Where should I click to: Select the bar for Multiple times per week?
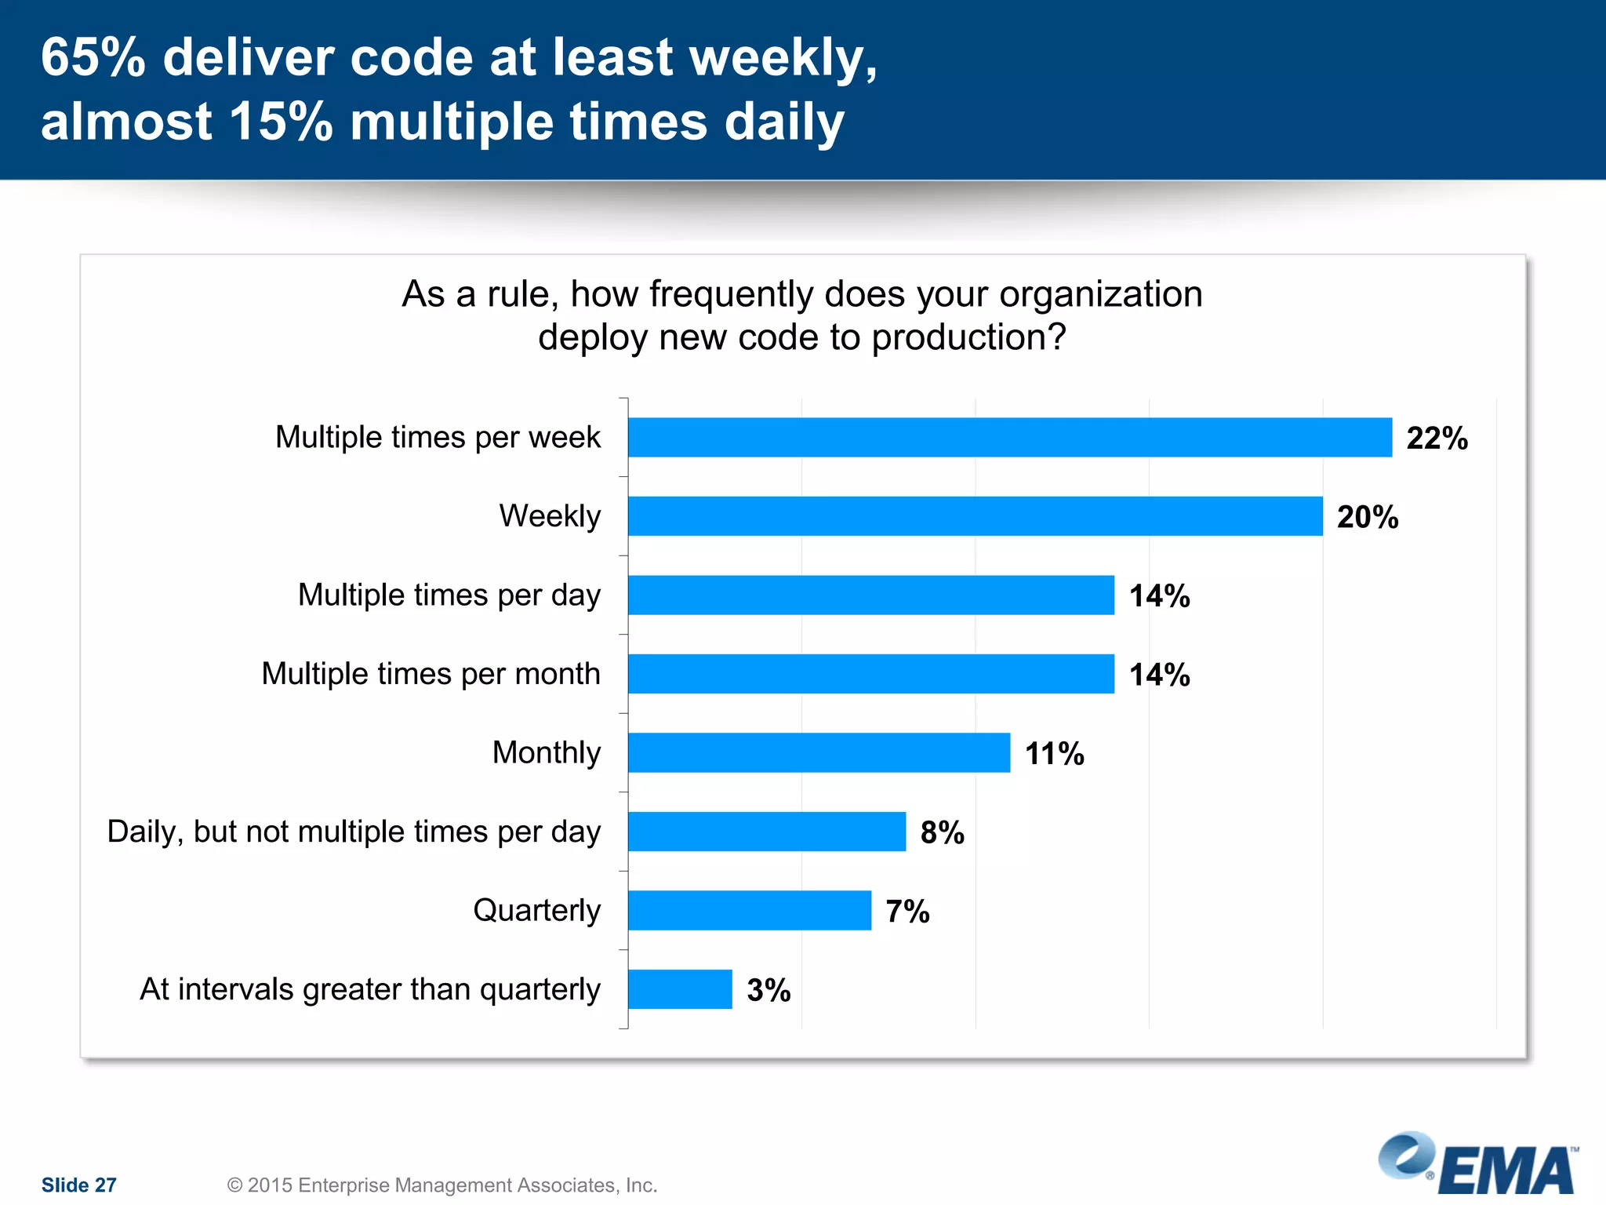click(1009, 437)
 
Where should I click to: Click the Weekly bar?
click(975, 516)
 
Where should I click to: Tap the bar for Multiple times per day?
click(870, 595)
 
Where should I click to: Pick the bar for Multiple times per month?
click(870, 674)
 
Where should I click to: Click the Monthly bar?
click(819, 752)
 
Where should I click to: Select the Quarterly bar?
click(749, 910)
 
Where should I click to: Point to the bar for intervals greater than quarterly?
click(680, 989)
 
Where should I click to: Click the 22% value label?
click(1437, 438)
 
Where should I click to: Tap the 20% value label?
click(1367, 517)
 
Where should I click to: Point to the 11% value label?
click(1054, 754)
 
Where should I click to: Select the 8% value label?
click(942, 832)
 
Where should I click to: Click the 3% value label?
click(768, 990)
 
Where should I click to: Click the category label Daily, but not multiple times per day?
click(354, 832)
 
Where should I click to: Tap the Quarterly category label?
click(536, 910)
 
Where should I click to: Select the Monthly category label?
click(546, 752)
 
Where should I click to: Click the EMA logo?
click(1477, 1165)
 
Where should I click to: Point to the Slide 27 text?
click(78, 1185)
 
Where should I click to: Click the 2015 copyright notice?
click(441, 1185)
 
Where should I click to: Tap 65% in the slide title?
click(93, 57)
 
